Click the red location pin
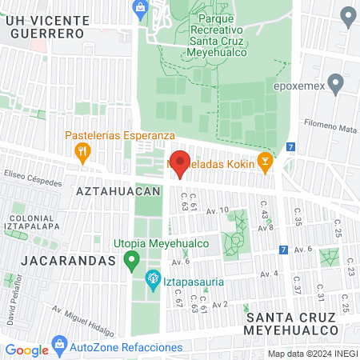(180, 162)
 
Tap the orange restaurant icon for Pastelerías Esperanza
(81, 150)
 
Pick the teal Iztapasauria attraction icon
(152, 281)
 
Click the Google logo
(27, 350)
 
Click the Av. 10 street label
(217, 210)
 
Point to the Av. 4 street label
(268, 274)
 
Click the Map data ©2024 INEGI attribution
(312, 353)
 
